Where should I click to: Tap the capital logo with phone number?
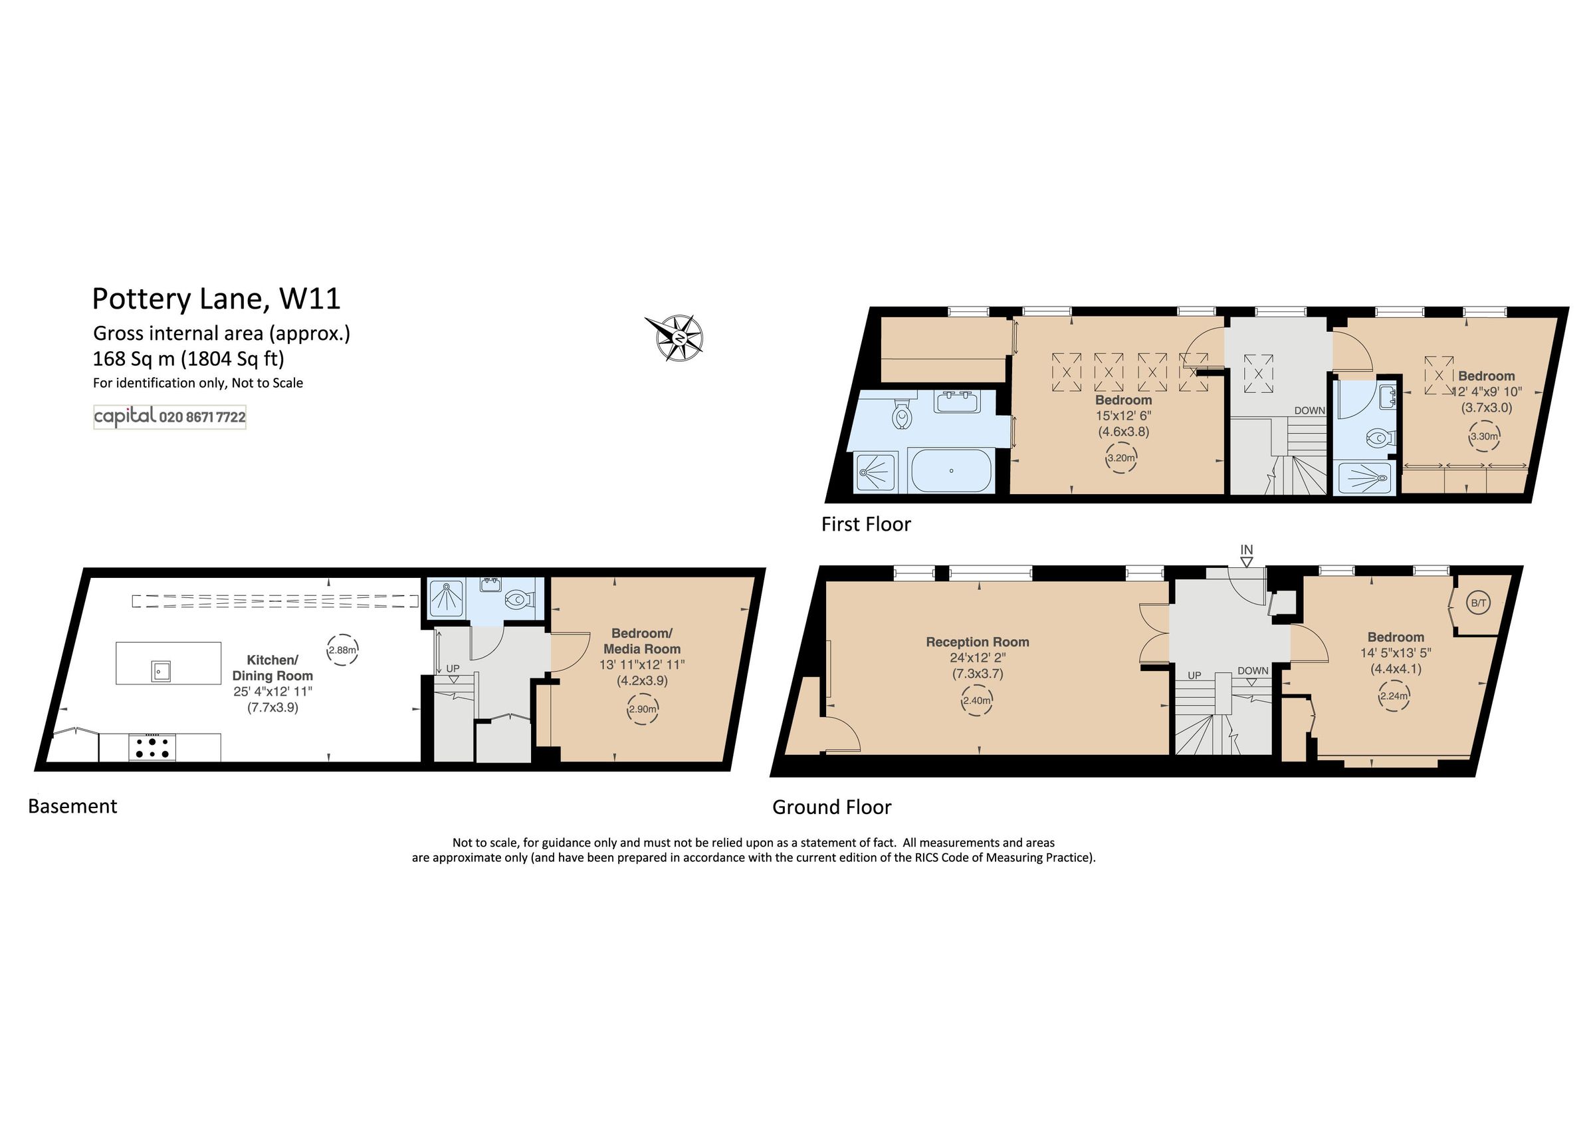(169, 417)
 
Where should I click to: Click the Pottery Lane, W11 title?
(216, 299)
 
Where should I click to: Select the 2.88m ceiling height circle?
(342, 650)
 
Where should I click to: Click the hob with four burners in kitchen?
(152, 748)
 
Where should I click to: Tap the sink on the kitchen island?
(161, 670)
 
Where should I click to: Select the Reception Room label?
(978, 642)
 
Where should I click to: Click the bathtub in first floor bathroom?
(951, 470)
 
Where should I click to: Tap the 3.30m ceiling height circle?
(1484, 436)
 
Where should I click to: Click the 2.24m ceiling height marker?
(1394, 696)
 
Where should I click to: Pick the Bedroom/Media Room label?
(642, 640)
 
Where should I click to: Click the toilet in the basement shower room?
(518, 600)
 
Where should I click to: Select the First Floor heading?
(865, 524)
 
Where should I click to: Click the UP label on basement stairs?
(452, 668)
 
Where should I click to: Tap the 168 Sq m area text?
(188, 358)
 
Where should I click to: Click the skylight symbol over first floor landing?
(1258, 373)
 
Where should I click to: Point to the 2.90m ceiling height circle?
(642, 709)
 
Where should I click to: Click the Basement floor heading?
(72, 806)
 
